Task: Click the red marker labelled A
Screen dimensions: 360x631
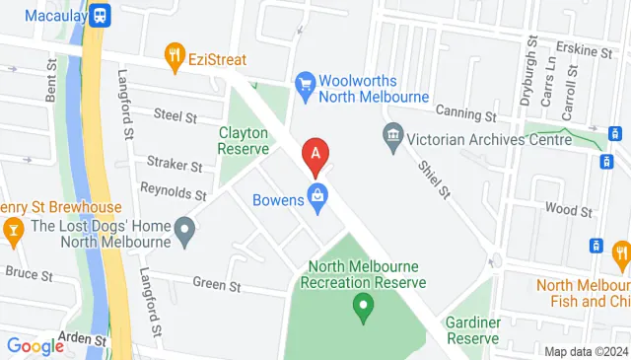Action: (315, 155)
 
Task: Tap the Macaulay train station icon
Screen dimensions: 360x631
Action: (100, 15)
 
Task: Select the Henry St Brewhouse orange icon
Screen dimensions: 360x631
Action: (13, 233)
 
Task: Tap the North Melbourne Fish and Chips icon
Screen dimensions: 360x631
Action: (621, 257)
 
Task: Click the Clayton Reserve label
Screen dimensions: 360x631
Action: (244, 139)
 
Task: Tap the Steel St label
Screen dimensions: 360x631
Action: (176, 115)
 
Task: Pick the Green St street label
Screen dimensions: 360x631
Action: (217, 286)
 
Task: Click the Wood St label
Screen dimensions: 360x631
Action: (568, 209)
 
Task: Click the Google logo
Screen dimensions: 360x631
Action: (35, 345)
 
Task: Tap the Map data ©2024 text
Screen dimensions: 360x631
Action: (586, 351)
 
